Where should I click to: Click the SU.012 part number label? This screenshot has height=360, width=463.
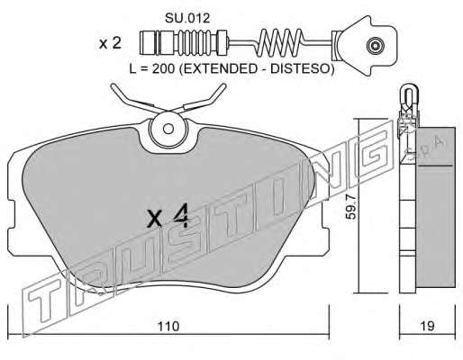click(x=187, y=18)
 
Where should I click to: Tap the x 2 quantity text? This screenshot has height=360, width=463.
click(x=111, y=43)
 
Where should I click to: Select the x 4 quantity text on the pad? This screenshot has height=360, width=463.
click(x=168, y=216)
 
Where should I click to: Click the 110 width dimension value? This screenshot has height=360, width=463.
click(x=168, y=327)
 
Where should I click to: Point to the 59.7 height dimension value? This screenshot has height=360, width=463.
click(x=350, y=206)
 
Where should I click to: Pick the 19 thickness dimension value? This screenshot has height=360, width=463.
click(x=427, y=326)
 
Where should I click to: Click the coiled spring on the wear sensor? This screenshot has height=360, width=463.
click(x=280, y=42)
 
